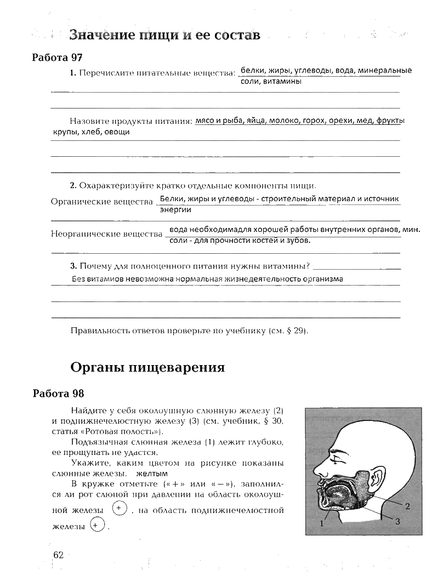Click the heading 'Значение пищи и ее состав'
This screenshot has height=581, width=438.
click(x=164, y=36)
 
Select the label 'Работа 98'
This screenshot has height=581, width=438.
click(x=58, y=394)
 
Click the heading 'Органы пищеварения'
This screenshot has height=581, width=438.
click(x=148, y=367)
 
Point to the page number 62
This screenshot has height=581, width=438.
click(x=59, y=555)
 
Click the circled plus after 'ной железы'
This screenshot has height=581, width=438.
click(x=119, y=509)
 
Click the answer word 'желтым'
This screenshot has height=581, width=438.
click(x=151, y=474)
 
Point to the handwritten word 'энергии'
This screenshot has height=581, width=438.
click(x=175, y=209)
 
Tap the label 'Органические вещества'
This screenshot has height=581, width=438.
click(x=101, y=202)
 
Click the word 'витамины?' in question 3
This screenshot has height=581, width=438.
click(x=286, y=266)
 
